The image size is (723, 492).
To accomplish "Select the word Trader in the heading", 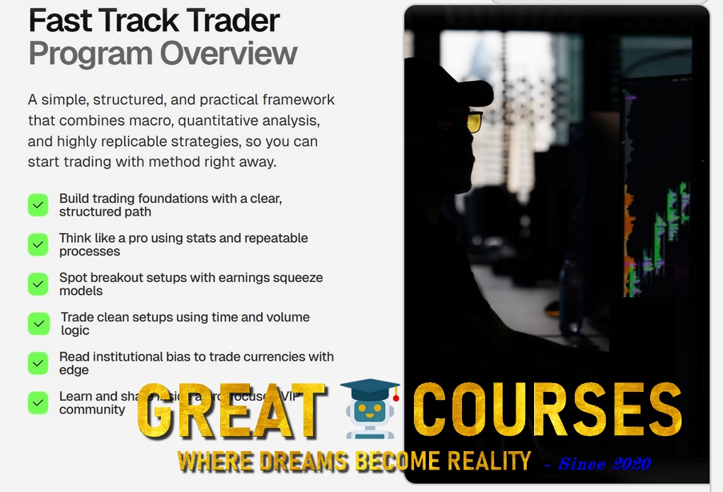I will (x=231, y=20).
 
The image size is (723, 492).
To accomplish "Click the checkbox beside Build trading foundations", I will (x=38, y=205).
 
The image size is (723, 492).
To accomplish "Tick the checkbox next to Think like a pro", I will (x=38, y=244).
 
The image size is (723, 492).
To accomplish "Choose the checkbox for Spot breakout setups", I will (x=38, y=284).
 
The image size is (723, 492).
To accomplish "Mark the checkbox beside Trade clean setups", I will (x=38, y=324).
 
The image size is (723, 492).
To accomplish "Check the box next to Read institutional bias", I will (x=38, y=363).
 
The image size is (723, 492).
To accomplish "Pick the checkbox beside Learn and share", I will (x=38, y=402).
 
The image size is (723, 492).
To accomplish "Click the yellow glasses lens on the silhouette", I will (x=474, y=123).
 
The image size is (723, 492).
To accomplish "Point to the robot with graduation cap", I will (x=370, y=409).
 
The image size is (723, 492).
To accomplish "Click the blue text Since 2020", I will (x=605, y=463).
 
